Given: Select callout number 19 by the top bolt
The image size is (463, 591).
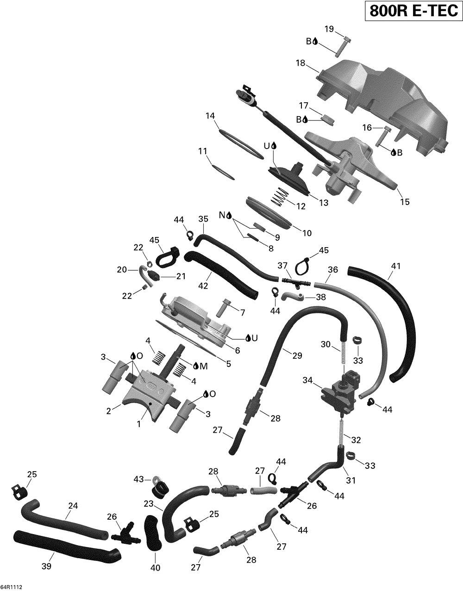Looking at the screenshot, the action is click(x=329, y=29).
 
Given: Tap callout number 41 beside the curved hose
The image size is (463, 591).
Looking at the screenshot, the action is click(x=395, y=266).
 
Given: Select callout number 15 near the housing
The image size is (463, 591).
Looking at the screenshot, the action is click(x=405, y=202).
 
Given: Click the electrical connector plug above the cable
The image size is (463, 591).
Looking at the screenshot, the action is click(x=246, y=97).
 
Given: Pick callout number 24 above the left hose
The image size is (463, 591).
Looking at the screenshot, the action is click(x=73, y=505).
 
